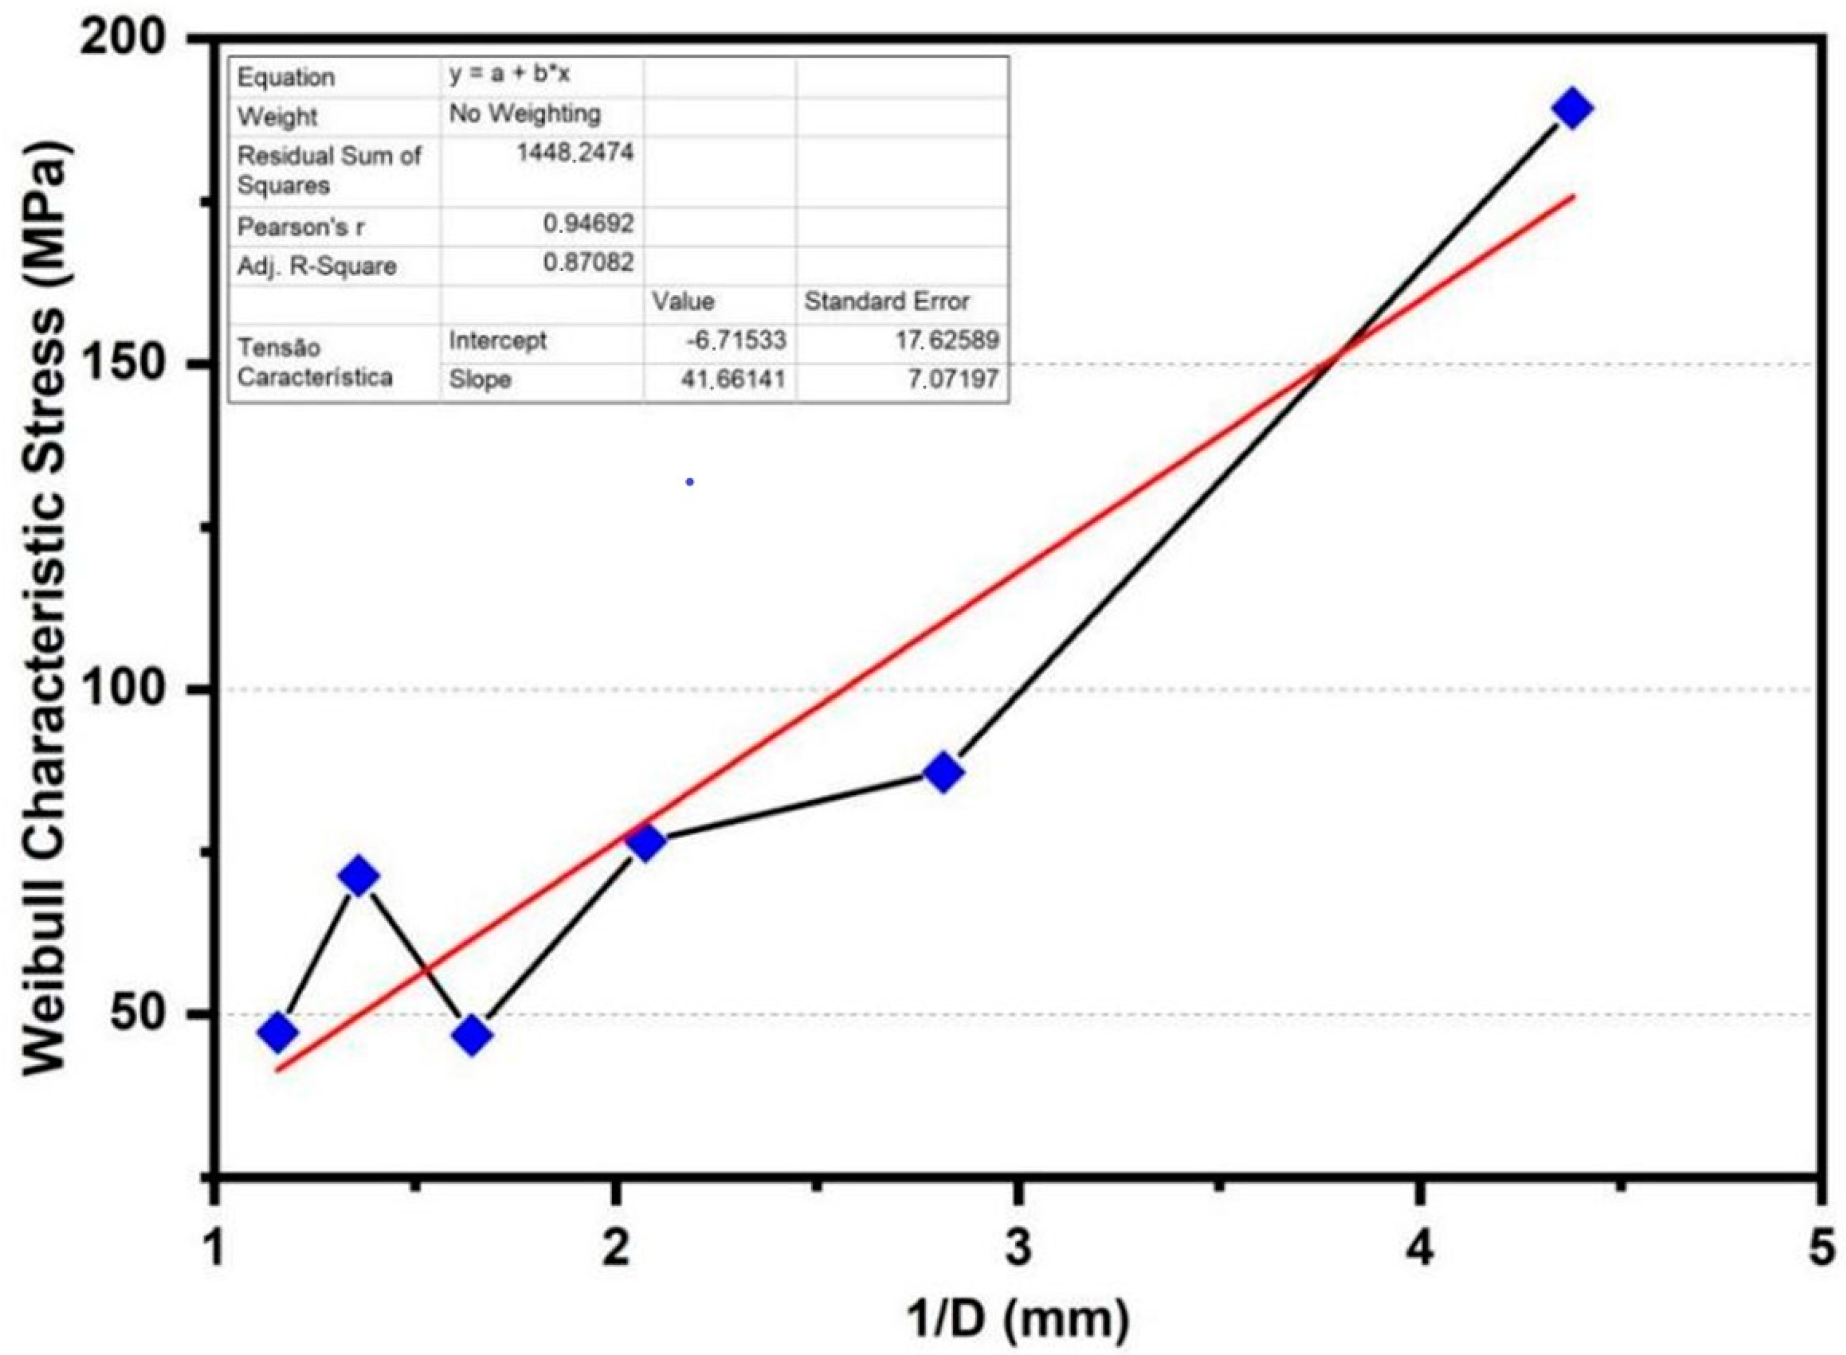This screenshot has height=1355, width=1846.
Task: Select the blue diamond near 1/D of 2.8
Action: point(944,772)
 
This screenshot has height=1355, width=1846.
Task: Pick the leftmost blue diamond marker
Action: point(277,1032)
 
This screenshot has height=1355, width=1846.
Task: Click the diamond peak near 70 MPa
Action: point(358,876)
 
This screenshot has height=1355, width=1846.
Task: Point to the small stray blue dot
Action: point(690,482)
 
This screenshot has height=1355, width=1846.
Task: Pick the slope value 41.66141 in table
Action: point(732,379)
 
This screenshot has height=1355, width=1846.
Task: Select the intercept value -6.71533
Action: point(736,340)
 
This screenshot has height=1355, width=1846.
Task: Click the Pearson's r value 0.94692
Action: point(588,223)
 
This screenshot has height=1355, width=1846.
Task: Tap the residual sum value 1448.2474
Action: point(575,153)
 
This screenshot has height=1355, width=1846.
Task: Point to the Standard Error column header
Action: point(887,302)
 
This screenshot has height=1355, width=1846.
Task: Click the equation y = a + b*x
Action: point(509,75)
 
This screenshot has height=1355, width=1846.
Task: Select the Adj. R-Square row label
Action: point(317,266)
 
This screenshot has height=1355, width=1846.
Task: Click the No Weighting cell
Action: point(525,114)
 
